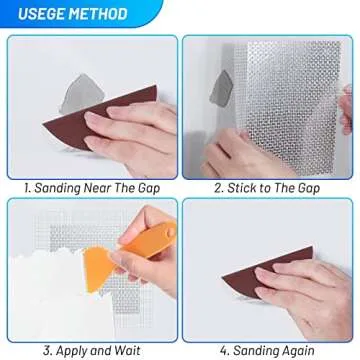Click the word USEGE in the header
tap(41, 14)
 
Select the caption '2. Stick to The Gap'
tap(270, 185)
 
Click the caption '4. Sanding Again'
tap(270, 349)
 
